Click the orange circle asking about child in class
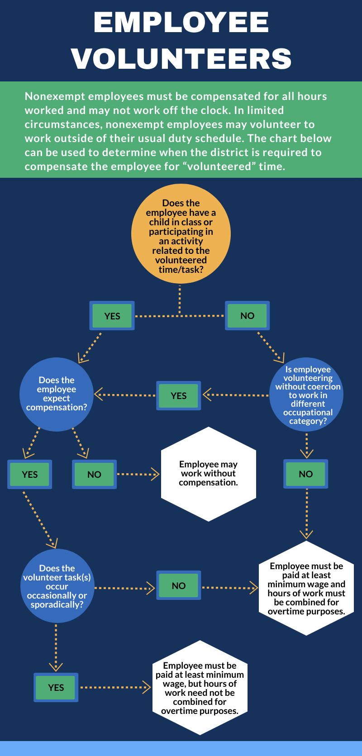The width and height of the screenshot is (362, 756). pos(181,234)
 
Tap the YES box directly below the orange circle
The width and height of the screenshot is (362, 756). pos(112,316)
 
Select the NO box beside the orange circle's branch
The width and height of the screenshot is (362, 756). pos(247,316)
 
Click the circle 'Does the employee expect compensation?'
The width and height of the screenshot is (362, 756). pos(57,394)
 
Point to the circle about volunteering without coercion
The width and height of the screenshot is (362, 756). pos(307,395)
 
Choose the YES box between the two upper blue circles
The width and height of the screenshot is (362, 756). pos(179,396)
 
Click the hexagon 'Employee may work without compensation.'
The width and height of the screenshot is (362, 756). pos(209,474)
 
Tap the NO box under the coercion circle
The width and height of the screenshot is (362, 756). pos(306,474)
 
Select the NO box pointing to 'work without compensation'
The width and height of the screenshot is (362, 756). pos(94,475)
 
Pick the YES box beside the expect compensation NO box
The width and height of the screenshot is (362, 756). pos(30,475)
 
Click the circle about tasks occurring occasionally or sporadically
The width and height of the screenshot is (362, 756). pos(57,586)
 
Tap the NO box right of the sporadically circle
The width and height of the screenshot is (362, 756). pos(179,585)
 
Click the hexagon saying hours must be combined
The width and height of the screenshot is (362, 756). pos(306,588)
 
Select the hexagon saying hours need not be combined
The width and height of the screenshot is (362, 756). pos(200,688)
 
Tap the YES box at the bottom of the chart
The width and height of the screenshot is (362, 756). pos(56,688)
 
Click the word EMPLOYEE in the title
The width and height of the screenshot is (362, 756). pos(181,23)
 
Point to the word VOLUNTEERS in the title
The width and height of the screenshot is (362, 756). pos(181,59)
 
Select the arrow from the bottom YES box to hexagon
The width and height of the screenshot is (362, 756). pos(115,688)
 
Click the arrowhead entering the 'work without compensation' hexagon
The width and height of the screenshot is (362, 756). pos(156,474)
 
